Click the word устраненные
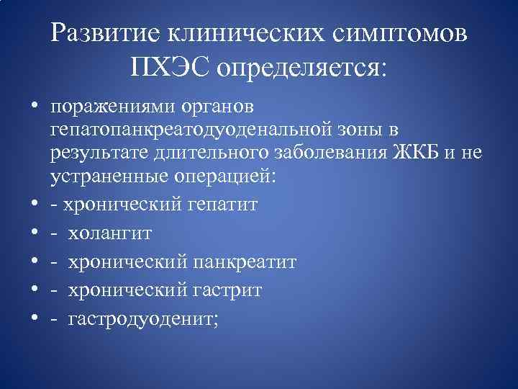pyautogui.click(x=104, y=176)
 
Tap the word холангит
pyautogui.click(x=110, y=233)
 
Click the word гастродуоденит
pyautogui.click(x=140, y=319)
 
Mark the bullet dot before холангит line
pyautogui.click(x=33, y=233)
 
